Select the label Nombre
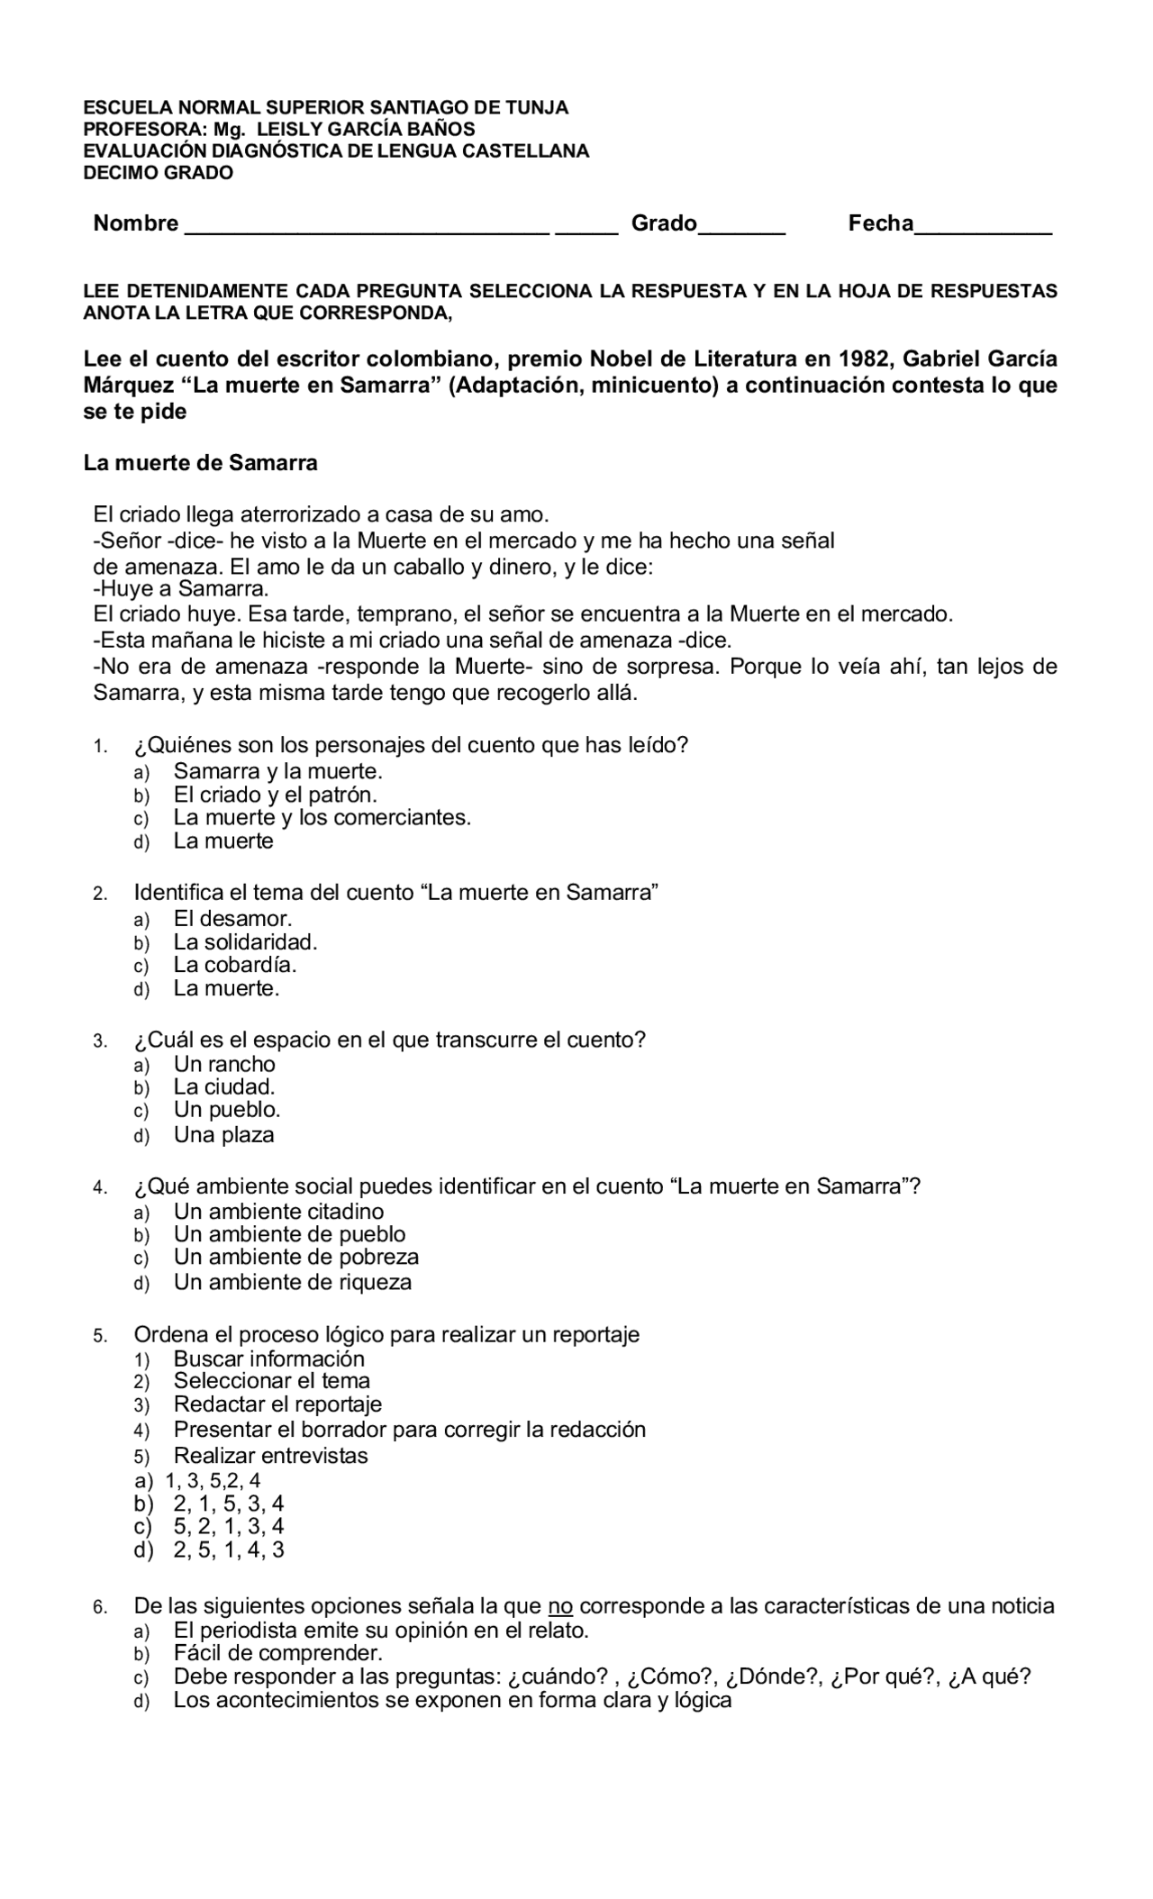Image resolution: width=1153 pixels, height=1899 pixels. click(136, 223)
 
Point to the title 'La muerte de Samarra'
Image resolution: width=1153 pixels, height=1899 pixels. click(200, 463)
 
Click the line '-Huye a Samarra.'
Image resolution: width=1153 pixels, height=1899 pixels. click(181, 589)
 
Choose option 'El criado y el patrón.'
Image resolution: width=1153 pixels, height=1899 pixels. click(275, 795)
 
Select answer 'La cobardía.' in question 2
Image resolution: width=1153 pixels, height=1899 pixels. click(235, 965)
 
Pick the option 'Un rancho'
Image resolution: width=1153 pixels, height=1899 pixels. click(224, 1064)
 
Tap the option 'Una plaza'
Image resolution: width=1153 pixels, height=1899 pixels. click(223, 1135)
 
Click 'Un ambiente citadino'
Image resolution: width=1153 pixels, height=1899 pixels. click(278, 1212)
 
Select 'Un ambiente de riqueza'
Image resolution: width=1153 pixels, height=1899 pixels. click(292, 1282)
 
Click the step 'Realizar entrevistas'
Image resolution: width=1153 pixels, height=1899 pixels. click(270, 1456)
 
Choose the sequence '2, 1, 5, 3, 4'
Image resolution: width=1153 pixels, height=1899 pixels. click(229, 1504)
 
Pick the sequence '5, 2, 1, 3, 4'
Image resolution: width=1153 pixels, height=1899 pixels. click(229, 1526)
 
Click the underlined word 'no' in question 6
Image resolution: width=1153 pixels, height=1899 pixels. click(561, 1606)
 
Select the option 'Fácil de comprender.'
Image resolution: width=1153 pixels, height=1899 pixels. click(278, 1653)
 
